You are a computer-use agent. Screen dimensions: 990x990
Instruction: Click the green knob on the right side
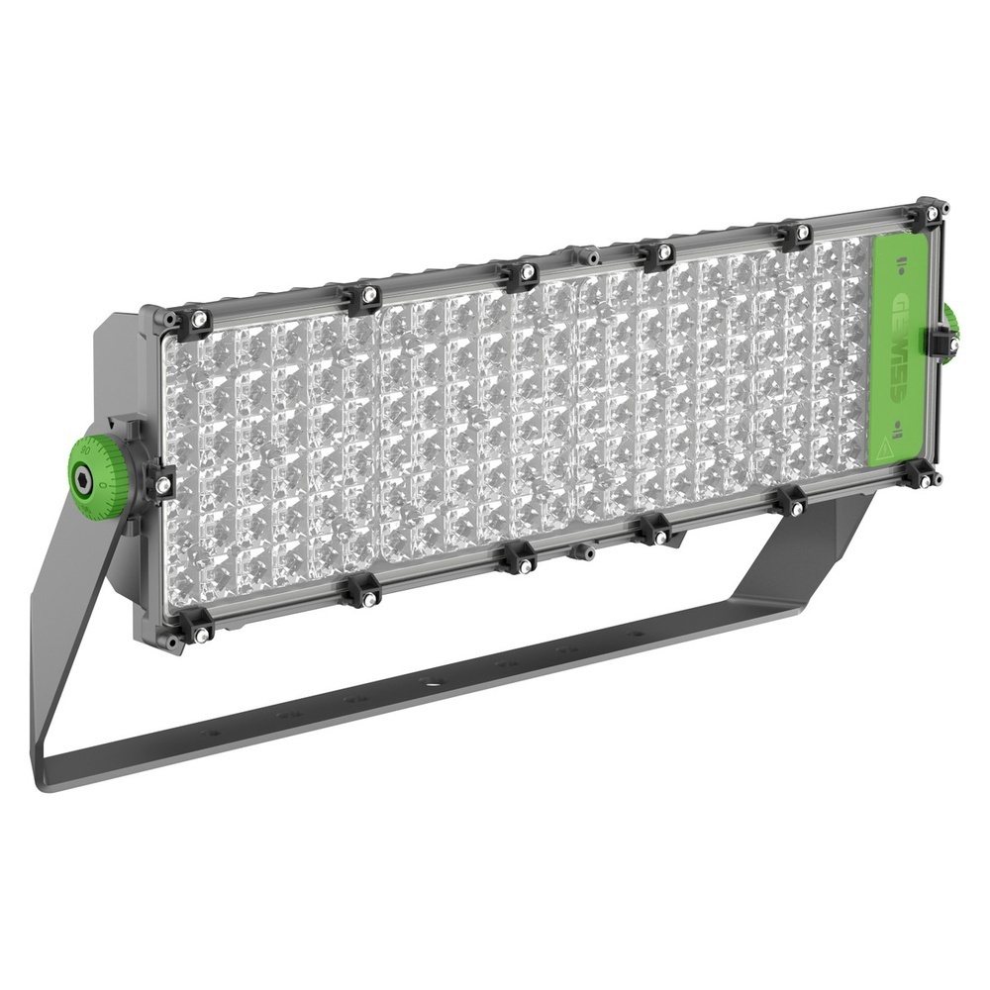[951, 333]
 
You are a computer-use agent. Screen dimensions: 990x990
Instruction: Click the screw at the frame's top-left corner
[199, 319]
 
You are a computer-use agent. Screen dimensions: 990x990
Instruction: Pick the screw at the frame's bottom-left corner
[199, 634]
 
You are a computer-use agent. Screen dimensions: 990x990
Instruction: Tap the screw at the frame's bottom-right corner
[924, 480]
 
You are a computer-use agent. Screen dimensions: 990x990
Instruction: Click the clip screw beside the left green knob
[162, 484]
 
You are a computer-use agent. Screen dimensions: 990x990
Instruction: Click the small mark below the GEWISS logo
[895, 428]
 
